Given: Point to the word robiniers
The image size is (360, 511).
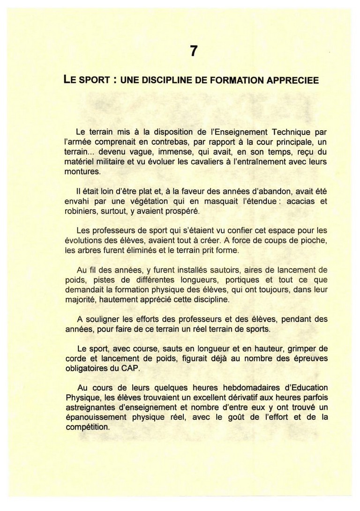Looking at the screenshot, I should (81, 211).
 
